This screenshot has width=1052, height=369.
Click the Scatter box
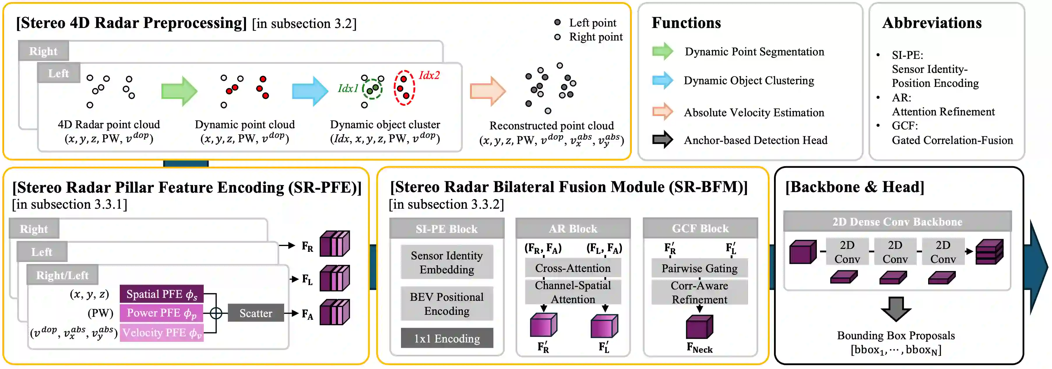point(256,313)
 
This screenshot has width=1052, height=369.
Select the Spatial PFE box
point(161,294)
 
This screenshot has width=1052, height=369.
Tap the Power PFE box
point(161,313)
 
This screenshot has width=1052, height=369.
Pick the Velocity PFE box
point(161,332)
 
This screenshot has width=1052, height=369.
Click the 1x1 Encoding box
point(447,338)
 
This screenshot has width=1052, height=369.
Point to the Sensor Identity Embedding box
point(447,262)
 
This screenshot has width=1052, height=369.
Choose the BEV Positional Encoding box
point(447,304)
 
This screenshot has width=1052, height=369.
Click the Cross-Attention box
point(573,268)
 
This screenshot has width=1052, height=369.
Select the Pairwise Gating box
point(700,268)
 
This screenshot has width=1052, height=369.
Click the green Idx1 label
point(348,88)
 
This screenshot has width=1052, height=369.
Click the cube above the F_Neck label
point(700,327)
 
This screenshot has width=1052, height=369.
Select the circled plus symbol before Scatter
point(216,313)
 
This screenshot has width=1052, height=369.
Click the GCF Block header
point(700,228)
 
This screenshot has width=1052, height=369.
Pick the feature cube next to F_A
point(335,312)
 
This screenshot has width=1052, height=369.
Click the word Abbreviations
point(932,23)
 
